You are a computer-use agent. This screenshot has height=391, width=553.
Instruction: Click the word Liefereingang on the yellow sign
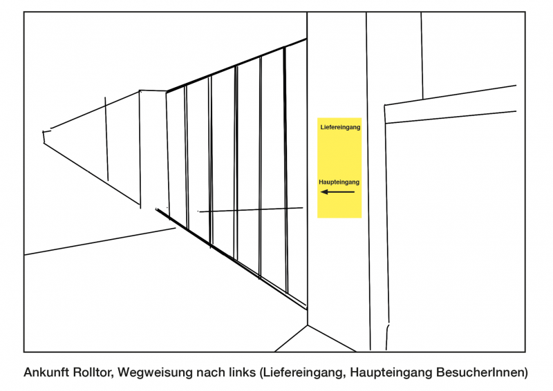click(340, 127)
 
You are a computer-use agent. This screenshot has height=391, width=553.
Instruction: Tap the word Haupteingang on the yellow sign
click(339, 182)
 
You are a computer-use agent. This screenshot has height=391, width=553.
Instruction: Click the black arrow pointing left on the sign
click(337, 192)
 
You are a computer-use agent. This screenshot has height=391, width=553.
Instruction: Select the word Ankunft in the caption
click(46, 372)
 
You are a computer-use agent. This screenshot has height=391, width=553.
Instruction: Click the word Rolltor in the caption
click(93, 372)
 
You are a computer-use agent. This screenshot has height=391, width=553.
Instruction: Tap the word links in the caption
click(241, 372)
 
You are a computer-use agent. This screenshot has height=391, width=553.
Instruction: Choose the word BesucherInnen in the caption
click(479, 372)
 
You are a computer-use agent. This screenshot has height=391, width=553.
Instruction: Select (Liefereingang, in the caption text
click(303, 373)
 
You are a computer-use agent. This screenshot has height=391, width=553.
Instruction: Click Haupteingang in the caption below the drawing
click(391, 373)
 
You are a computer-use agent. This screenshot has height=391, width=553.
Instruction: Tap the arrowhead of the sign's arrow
click(324, 192)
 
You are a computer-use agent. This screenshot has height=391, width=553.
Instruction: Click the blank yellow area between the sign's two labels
click(339, 155)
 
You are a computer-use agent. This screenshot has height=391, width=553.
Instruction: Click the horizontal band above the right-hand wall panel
click(451, 104)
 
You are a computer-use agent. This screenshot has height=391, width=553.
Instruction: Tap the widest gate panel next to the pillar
click(296, 173)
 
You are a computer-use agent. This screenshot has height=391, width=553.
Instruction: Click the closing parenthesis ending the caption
click(525, 373)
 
